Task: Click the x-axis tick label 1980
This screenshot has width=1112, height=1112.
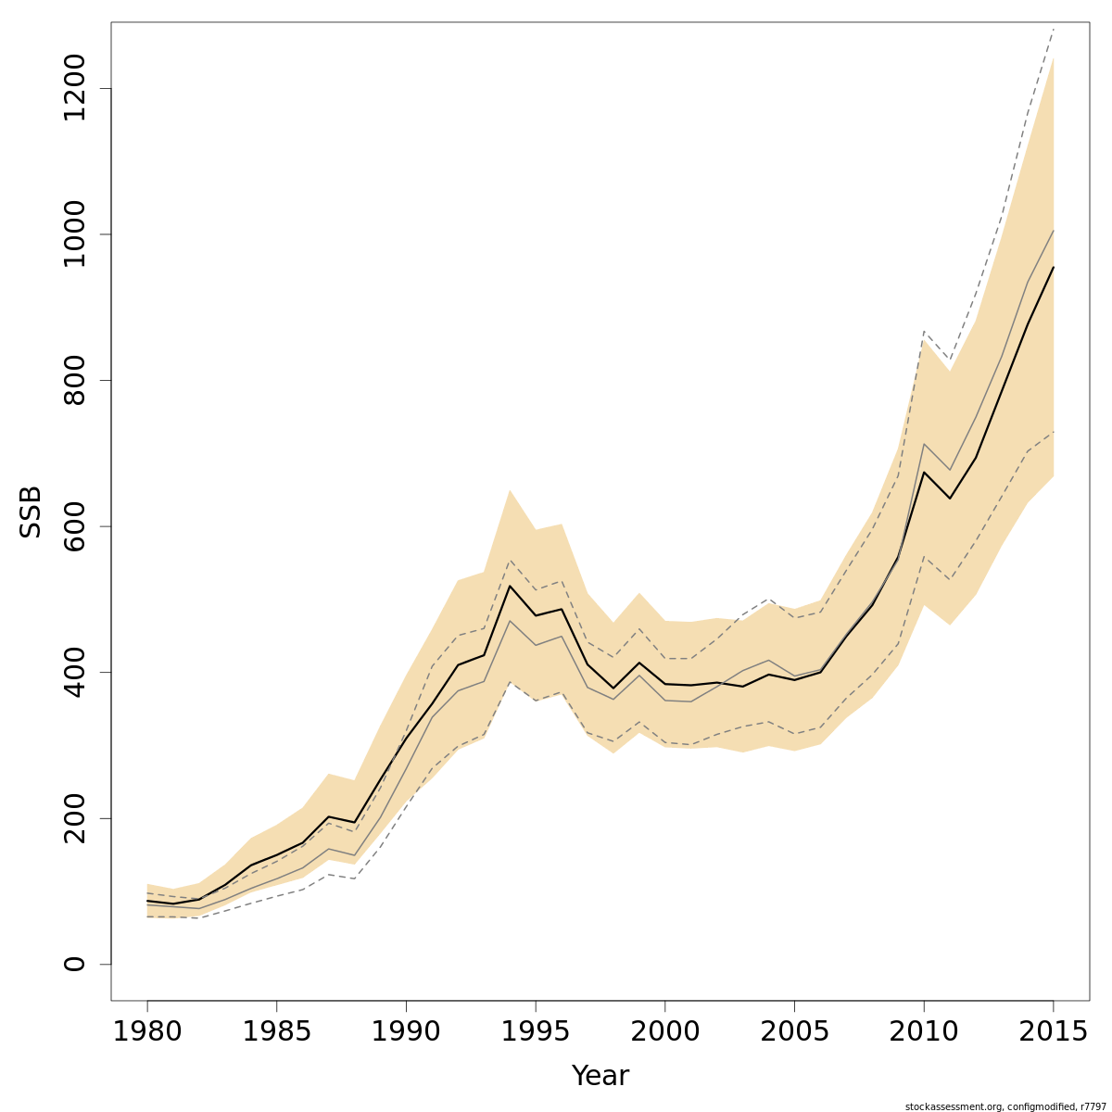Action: tap(147, 1031)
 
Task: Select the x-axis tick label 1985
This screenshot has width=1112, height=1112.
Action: tap(276, 1031)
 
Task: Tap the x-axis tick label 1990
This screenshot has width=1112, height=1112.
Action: tap(406, 1031)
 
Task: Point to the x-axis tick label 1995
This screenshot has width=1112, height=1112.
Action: tap(536, 1031)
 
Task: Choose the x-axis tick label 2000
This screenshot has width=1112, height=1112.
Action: tap(664, 1031)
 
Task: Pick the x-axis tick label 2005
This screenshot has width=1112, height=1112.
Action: tap(794, 1031)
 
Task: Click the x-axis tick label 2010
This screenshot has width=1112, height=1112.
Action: tap(924, 1031)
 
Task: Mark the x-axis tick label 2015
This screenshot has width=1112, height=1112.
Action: tap(1053, 1031)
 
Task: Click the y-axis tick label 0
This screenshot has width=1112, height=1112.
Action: tap(74, 964)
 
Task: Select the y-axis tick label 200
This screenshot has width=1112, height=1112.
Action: tap(74, 818)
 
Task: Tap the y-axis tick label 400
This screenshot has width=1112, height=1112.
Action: tap(74, 672)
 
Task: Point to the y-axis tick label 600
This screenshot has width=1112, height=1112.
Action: tap(74, 526)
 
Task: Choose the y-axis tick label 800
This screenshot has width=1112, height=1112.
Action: tap(74, 380)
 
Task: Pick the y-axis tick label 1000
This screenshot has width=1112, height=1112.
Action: tap(74, 234)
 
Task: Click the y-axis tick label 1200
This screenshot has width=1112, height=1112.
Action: tap(74, 88)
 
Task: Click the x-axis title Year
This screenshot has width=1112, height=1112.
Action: tap(600, 1076)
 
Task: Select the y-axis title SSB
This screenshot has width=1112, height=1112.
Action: tap(31, 512)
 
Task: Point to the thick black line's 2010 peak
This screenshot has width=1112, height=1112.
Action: tap(924, 472)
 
